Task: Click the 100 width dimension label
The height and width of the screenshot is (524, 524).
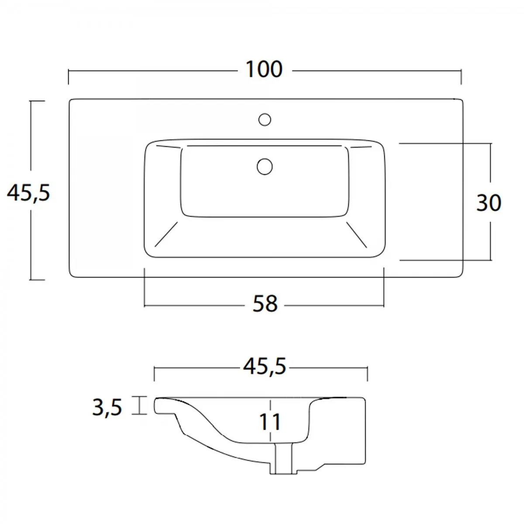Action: (264, 70)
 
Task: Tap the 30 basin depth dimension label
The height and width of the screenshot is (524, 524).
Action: (489, 203)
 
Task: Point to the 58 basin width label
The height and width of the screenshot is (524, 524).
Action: (265, 304)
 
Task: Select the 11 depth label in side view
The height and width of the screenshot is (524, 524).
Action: (271, 422)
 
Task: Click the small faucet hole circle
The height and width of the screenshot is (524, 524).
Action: (265, 119)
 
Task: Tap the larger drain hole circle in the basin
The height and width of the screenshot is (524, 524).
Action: (265, 166)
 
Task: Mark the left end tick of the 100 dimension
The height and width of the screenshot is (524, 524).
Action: (69, 77)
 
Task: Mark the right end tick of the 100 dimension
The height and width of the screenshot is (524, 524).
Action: (461, 77)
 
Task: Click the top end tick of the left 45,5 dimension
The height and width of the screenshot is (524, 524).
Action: (37, 101)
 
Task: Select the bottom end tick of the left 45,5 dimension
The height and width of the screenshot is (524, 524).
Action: (37, 279)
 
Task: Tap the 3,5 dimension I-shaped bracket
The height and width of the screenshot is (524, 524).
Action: (140, 405)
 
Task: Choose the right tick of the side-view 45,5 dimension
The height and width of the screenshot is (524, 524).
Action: (368, 374)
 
